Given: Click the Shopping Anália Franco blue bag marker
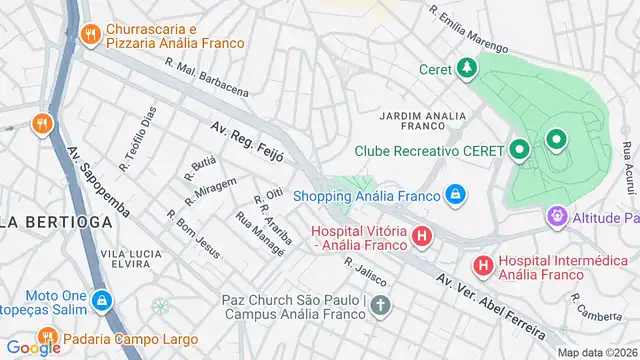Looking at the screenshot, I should [455, 193].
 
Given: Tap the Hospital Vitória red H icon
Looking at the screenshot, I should [422, 237].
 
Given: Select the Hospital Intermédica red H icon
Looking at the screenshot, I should [483, 265].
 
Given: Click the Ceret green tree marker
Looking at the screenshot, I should [466, 68].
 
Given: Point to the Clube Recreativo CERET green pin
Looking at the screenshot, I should [519, 151].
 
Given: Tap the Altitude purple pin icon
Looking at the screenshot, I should [556, 216].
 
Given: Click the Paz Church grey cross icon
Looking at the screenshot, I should [379, 305].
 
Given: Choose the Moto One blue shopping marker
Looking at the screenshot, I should [102, 299].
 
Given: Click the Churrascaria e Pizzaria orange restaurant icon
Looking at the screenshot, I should [91, 34].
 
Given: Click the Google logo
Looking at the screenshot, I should [33, 347].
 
